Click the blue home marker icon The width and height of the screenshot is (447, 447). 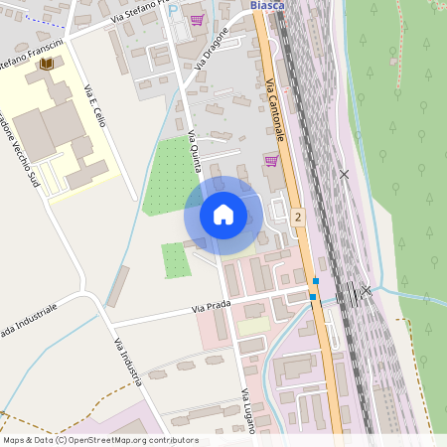click(223, 214)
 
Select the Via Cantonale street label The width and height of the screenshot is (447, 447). click(276, 108)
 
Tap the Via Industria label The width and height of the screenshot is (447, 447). click(127, 362)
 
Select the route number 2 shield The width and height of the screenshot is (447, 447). click(297, 216)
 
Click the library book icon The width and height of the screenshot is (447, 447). click(45, 65)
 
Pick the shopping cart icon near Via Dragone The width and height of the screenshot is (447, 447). click(197, 20)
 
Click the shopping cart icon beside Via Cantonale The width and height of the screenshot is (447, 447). click(270, 160)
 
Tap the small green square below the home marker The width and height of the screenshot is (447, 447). click(176, 260)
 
